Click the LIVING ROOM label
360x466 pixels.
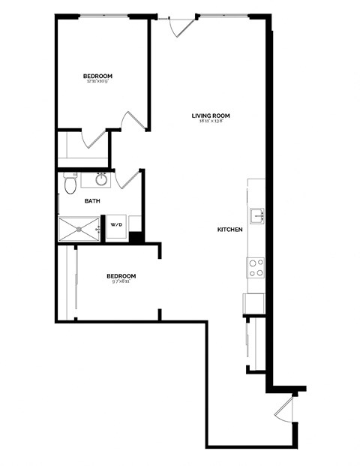click(210, 116)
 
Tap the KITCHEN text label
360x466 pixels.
click(229, 229)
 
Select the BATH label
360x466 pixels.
click(92, 200)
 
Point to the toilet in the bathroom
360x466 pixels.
click(70, 182)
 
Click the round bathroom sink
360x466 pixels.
click(100, 179)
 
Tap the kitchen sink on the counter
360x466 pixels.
click(256, 215)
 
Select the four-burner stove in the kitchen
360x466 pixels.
click(256, 267)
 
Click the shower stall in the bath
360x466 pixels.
click(79, 228)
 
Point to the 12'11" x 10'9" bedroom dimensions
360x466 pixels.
click(97, 82)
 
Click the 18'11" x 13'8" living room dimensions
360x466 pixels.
click(210, 122)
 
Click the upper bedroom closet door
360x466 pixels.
click(95, 138)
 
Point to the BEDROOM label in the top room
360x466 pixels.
click(97, 76)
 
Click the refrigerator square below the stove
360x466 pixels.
click(253, 304)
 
